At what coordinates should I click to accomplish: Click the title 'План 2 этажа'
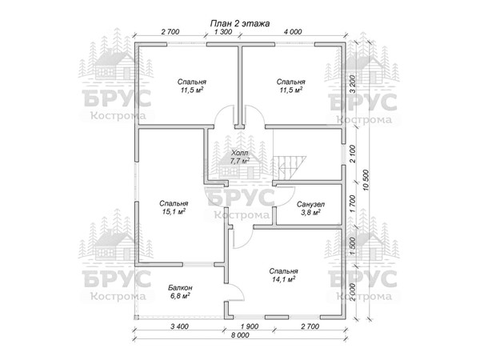click(x=240, y=23)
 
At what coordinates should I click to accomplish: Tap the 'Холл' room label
click(x=240, y=153)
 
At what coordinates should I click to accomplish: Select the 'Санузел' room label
click(x=310, y=204)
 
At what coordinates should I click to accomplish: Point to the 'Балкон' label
click(x=180, y=288)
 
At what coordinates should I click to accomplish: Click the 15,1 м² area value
click(x=174, y=211)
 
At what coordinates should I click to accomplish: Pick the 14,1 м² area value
click(x=283, y=279)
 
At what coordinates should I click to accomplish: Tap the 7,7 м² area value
click(x=240, y=161)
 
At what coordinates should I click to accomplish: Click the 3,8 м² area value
click(x=310, y=213)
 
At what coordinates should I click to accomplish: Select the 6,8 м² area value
click(x=180, y=296)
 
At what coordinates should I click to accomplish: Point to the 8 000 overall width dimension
click(x=240, y=335)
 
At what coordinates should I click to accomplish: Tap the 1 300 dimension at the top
click(x=223, y=31)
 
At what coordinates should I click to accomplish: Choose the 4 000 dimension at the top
click(x=293, y=31)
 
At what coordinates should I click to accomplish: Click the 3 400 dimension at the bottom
click(x=179, y=326)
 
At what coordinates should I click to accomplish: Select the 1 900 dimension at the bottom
click(x=250, y=326)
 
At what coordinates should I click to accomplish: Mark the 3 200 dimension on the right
click(x=353, y=84)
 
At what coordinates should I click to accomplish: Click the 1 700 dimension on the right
click(x=353, y=204)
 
